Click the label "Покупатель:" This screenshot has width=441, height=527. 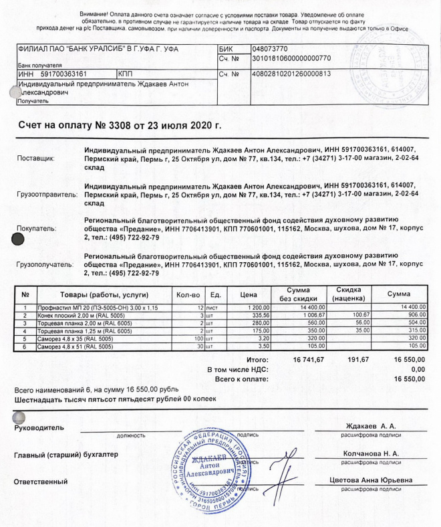pyautogui.click(x=36, y=229)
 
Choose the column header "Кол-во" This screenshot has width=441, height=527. pyautogui.click(x=188, y=295)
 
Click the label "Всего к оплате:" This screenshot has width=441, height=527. pyautogui.click(x=233, y=379)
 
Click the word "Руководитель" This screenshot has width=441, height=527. pyautogui.click(x=39, y=427)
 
